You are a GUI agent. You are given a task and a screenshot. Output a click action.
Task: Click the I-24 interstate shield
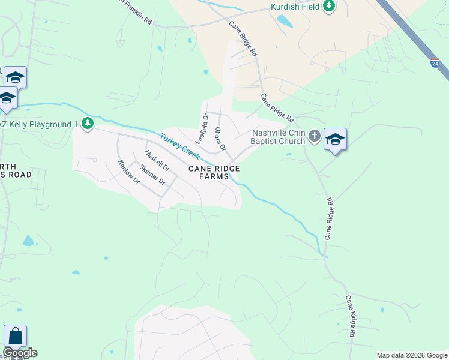(434, 62)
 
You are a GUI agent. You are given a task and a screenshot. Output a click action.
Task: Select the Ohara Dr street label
(220, 139)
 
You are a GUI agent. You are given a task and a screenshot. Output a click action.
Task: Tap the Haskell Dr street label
(157, 160)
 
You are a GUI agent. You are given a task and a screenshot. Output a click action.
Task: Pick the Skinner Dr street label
(152, 175)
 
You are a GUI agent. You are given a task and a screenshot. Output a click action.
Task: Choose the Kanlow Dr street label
(128, 172)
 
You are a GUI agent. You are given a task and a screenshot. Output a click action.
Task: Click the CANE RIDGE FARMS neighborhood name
(214, 173)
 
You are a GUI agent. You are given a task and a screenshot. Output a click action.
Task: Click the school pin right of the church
(335, 140)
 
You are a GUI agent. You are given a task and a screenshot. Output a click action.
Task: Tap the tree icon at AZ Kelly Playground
(88, 124)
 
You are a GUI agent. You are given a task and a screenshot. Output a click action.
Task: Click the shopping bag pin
(15, 336)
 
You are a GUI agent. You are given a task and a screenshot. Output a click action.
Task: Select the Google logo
(20, 353)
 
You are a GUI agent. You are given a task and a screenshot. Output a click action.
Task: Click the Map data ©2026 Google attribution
(412, 355)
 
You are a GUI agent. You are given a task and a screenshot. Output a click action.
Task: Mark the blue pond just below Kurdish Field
(284, 22)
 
